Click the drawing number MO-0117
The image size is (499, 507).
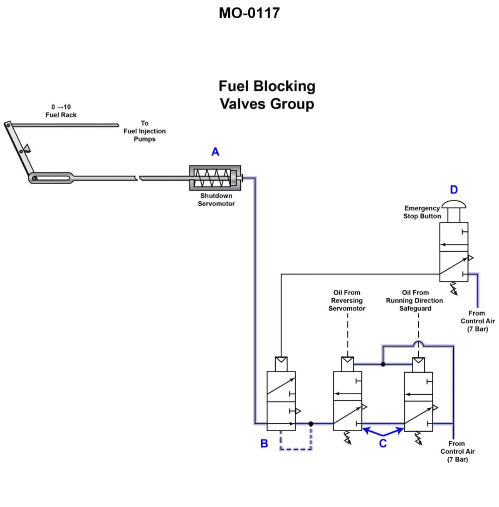tap(249, 13)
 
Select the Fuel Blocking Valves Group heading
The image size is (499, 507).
tap(267, 95)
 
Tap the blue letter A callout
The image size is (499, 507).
tap(215, 152)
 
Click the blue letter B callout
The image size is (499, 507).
tap(264, 443)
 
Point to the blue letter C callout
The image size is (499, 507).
tap(383, 443)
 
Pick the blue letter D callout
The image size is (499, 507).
tap(454, 190)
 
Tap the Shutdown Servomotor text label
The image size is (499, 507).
tap(216, 200)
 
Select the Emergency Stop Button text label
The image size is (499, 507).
tap(422, 212)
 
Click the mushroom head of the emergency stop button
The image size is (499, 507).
tap(454, 204)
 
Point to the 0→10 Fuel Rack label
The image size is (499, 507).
tap(61, 111)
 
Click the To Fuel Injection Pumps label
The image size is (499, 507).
tap(144, 131)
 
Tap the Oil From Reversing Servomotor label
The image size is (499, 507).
tap(347, 300)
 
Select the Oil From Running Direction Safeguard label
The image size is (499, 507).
tap(415, 300)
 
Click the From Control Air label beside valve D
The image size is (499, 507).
tap(477, 321)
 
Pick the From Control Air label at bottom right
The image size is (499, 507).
tap(457, 451)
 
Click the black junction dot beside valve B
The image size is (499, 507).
tap(311, 424)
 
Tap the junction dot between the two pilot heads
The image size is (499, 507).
tap(383, 364)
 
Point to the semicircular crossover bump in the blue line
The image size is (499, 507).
tap(418, 343)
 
